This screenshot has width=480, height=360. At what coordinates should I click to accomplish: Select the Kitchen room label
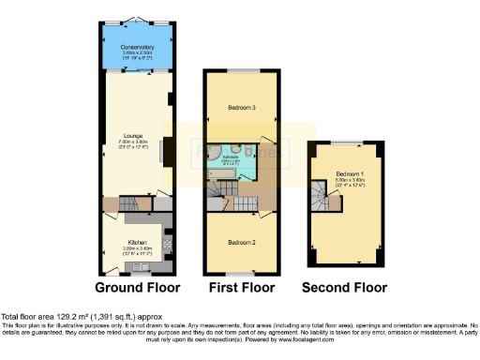point(137,242)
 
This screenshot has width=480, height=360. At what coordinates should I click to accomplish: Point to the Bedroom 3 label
point(241,108)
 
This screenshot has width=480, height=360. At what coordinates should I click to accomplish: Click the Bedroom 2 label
point(241,241)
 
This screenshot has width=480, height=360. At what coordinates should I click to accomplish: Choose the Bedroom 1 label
point(348,174)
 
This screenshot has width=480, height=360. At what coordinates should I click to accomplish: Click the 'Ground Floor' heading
point(138,287)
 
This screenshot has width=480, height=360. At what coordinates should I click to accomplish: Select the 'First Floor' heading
point(241,287)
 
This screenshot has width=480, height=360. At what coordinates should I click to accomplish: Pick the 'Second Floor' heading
point(344,287)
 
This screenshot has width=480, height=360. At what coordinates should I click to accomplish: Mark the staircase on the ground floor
point(136,202)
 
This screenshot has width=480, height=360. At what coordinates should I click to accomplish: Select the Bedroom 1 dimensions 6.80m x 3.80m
point(348,181)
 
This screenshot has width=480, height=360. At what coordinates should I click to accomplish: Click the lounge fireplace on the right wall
point(169,149)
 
